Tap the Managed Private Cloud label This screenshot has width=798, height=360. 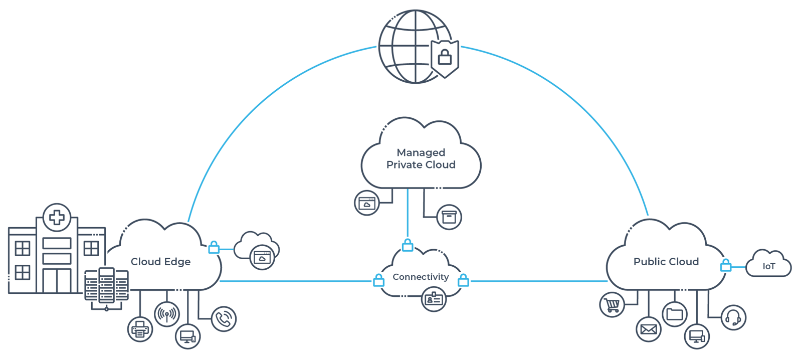click(x=421, y=158)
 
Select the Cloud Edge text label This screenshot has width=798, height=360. click(x=160, y=262)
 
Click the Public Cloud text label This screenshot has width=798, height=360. click(x=666, y=262)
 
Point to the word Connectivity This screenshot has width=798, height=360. click(x=421, y=277)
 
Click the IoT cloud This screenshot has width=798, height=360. click(x=768, y=266)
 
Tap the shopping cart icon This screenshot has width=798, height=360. click(x=612, y=304)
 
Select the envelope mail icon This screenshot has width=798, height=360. click(x=649, y=329)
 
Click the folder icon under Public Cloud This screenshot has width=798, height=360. click(x=675, y=314)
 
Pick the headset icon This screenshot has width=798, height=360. click(x=733, y=317)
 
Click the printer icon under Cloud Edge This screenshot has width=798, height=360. click(x=140, y=329)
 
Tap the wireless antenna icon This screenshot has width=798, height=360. click(x=167, y=314)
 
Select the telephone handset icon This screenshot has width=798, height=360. click(x=224, y=319)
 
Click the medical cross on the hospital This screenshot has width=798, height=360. click(x=57, y=217)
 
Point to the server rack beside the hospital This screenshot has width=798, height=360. click(x=106, y=286)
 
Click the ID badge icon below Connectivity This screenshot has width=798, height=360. click(x=434, y=299)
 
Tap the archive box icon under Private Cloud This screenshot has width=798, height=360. click(x=449, y=217)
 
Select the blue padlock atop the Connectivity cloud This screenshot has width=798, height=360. click(x=408, y=245)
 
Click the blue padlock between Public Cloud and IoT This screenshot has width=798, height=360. click(x=725, y=266)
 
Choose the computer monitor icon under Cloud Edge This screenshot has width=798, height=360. click(x=187, y=336)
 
